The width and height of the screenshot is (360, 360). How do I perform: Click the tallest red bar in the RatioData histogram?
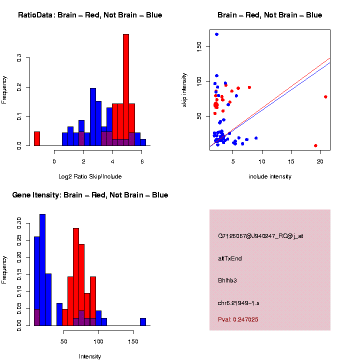pos(126,90)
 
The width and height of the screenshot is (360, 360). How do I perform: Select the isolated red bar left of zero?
pos(37,138)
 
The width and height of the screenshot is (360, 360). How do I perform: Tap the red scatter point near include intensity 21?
pos(325,97)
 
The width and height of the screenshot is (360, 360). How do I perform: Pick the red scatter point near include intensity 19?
pos(315,145)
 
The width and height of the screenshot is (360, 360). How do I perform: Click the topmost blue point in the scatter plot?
pos(216,34)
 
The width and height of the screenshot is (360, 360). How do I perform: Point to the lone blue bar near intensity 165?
pos(143,322)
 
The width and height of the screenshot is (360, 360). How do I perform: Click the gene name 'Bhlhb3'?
pos(227,280)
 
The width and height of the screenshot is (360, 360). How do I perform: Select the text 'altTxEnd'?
pos(230,258)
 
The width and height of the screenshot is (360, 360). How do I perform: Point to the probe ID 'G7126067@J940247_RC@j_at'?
pos(260,236)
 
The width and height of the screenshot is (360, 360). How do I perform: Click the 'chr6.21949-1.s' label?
pos(238,303)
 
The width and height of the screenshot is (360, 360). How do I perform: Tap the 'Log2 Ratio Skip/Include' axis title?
pos(90,176)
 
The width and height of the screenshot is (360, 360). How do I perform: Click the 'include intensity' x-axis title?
pos(270,176)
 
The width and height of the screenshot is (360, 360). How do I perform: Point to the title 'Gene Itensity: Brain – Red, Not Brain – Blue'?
pos(90,195)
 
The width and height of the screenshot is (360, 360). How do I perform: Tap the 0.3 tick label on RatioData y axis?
pos(18,58)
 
